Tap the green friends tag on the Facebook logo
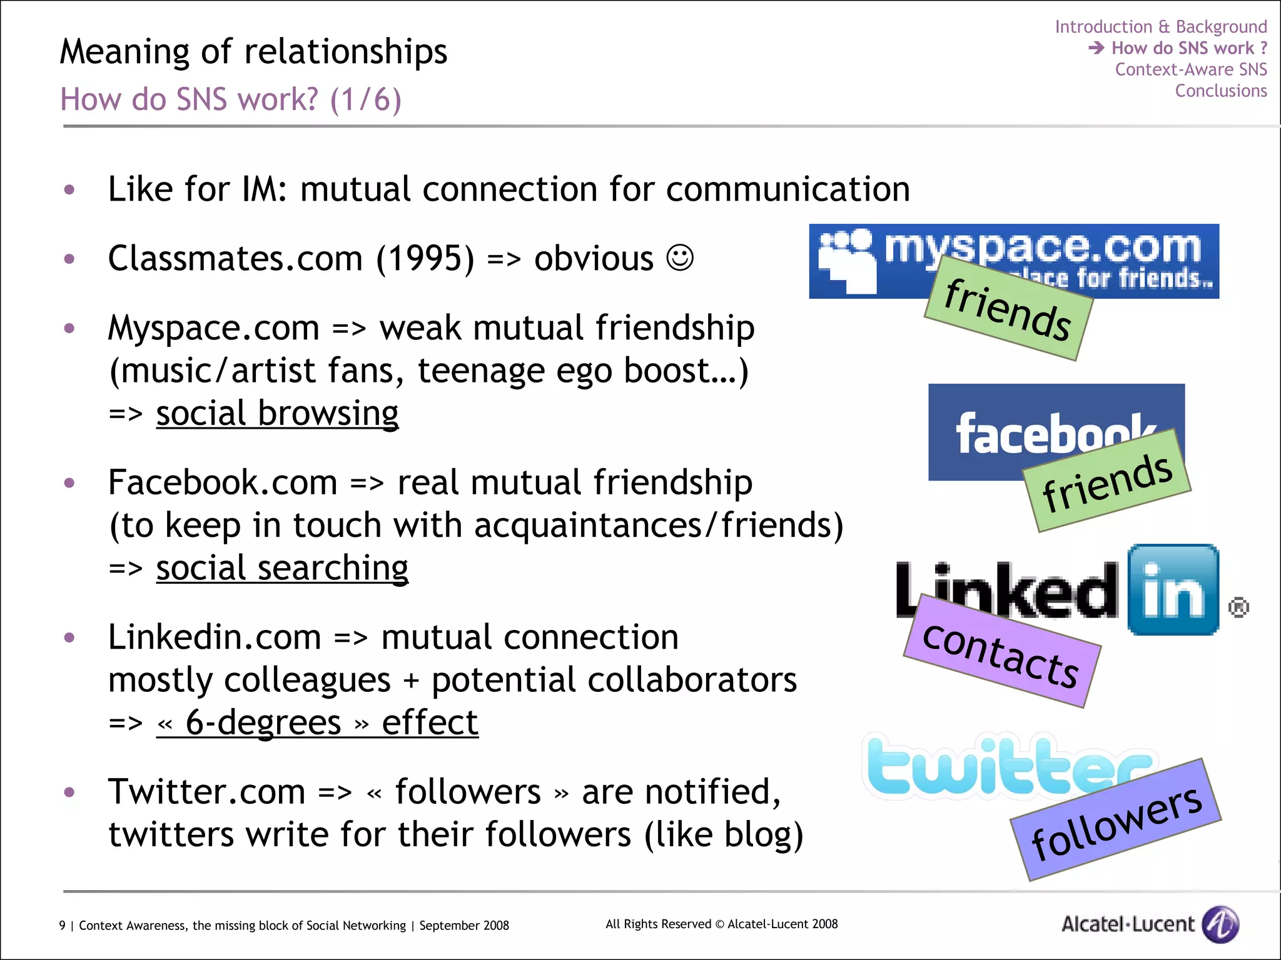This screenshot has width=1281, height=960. [x=1107, y=481]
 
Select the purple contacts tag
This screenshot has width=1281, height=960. [x=1001, y=653]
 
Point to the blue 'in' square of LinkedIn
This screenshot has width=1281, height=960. [x=1173, y=590]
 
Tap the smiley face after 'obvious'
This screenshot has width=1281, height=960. [x=680, y=257]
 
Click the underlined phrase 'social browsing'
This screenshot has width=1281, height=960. [x=277, y=413]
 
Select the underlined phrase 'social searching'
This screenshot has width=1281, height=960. [x=282, y=568]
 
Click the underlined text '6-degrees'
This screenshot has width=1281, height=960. [x=263, y=723]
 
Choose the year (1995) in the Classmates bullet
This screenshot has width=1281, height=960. [x=425, y=258]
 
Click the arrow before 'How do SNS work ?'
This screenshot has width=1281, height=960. [x=1096, y=47]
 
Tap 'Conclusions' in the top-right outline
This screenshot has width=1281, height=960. [x=1220, y=91]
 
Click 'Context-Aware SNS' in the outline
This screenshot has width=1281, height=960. [x=1190, y=69]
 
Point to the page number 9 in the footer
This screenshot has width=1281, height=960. [x=62, y=925]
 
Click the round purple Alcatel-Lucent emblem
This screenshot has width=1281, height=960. [x=1220, y=924]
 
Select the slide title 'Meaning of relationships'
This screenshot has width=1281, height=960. [x=253, y=51]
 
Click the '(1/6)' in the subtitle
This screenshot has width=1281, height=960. [x=365, y=99]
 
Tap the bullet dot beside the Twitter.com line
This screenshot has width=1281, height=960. [x=69, y=792]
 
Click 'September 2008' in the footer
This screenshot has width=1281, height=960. [x=463, y=925]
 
